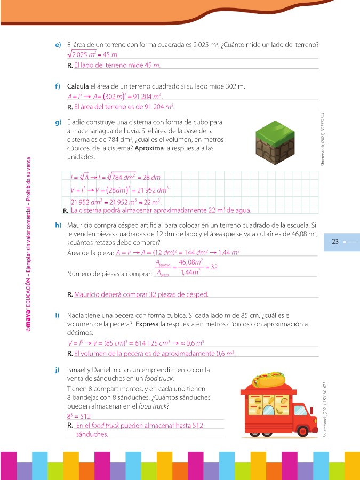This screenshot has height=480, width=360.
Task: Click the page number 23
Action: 335,242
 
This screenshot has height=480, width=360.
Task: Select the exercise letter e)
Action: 58,44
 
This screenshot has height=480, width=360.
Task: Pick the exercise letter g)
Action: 58,124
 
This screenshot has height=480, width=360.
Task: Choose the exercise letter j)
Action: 58,370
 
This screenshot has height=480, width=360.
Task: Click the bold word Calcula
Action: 78,86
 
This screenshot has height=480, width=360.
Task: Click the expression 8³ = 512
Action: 79,415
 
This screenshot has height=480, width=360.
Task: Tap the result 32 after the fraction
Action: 213,267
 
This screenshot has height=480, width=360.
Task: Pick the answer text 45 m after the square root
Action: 109,54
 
